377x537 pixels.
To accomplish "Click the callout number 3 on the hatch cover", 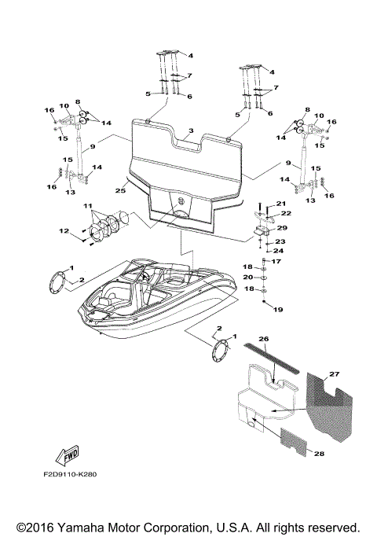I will [x=190, y=130].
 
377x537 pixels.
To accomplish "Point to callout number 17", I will [x=276, y=260].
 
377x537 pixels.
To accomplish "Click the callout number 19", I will [x=276, y=310].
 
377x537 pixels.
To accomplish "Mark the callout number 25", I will [x=120, y=191].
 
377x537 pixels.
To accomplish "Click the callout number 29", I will [x=282, y=228].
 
